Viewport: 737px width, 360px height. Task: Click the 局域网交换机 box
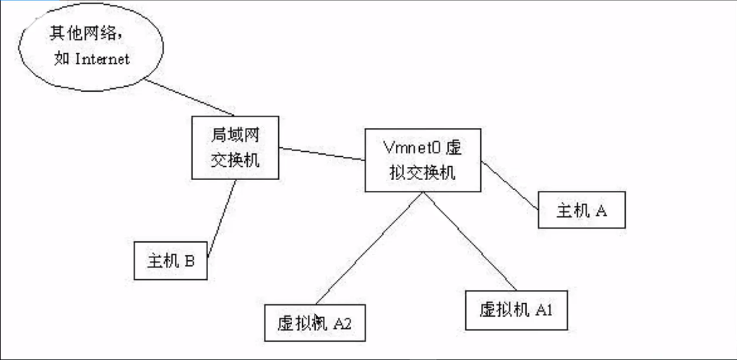(235, 147)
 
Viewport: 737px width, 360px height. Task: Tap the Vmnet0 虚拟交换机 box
(423, 160)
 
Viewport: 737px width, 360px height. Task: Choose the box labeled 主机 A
(582, 210)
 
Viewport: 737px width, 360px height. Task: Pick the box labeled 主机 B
(171, 261)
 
